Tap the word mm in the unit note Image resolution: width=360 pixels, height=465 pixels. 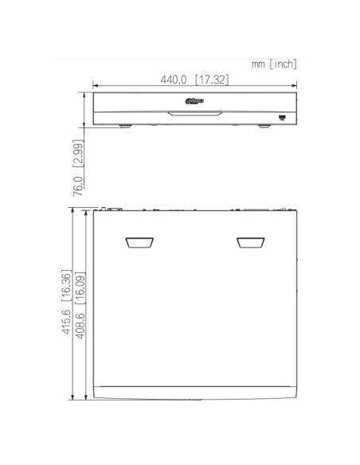(x=258, y=64)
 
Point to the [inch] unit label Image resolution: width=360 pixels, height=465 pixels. (x=283, y=64)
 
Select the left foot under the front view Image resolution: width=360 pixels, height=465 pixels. (x=123, y=126)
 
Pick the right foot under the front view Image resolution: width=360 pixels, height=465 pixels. (x=263, y=126)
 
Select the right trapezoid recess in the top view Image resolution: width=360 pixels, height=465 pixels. (x=248, y=242)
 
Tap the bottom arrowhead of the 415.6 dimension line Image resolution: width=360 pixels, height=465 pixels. (x=73, y=397)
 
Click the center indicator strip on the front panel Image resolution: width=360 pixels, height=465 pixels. (x=194, y=112)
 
